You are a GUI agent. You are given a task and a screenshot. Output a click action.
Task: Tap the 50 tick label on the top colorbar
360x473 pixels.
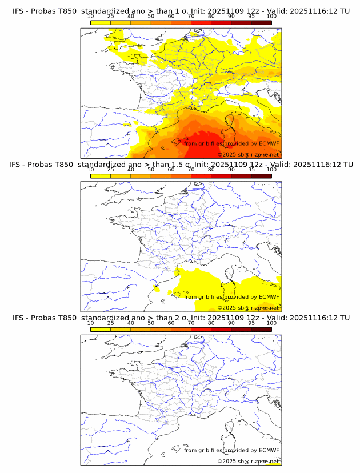pos(151,17)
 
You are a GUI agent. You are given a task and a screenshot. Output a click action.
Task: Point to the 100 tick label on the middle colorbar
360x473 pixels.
pos(271,170)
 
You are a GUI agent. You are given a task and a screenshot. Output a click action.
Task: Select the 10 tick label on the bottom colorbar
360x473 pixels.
pos(90,323)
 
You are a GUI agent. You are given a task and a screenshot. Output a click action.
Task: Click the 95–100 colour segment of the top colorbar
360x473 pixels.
pos(261,22)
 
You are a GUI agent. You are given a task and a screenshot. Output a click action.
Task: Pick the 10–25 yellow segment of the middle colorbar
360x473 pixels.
pos(101,175)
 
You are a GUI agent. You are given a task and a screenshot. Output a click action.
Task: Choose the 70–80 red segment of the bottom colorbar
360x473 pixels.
pos(201,328)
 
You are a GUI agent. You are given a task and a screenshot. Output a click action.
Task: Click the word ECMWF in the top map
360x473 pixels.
pos(269,143)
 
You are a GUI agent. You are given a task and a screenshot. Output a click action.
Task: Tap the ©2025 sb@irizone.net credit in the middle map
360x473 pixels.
pos(249,308)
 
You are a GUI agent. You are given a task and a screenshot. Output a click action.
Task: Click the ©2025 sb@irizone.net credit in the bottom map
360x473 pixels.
pos(249,461)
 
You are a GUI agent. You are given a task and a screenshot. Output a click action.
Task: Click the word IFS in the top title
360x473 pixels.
pos(18,11)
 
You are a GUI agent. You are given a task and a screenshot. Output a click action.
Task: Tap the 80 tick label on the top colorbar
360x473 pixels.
pos(211,17)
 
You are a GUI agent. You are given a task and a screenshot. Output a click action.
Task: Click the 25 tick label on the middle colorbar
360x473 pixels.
pos(110,170)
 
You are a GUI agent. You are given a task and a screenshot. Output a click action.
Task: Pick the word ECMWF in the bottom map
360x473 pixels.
pos(269,450)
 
